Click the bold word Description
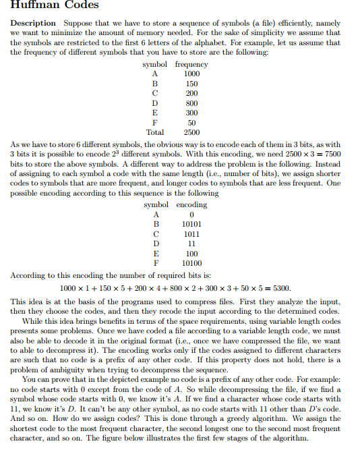pos(33,23)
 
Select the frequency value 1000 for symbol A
pos(191,74)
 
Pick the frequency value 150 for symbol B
pos(191,83)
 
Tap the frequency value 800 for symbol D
pos(191,103)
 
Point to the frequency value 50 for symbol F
pos(191,123)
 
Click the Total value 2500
pos(191,132)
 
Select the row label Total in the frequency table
pos(155,132)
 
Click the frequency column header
pos(191,64)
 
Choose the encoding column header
pos(191,204)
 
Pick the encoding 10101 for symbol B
pos(191,224)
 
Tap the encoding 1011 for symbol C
pos(191,234)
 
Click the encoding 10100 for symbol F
pos(191,263)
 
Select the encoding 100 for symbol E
pos(191,254)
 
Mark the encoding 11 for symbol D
pos(191,244)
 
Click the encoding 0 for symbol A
pos(191,215)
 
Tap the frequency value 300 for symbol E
pos(191,113)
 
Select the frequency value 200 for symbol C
pos(191,93)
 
